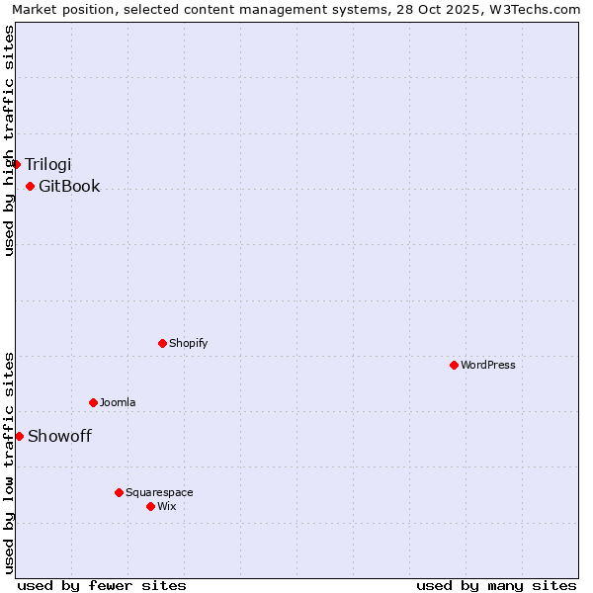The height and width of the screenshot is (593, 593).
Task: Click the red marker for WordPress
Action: click(x=454, y=365)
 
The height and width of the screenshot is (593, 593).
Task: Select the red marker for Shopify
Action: click(x=162, y=343)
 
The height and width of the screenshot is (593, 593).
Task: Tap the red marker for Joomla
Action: click(x=93, y=402)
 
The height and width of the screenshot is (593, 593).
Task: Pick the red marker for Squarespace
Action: click(x=119, y=492)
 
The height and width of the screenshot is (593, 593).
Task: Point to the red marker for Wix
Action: click(x=150, y=506)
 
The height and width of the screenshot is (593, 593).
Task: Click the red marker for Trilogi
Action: click(x=17, y=164)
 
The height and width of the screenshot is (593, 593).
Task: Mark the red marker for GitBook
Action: click(x=30, y=186)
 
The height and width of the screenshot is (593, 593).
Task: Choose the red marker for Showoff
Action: click(x=19, y=436)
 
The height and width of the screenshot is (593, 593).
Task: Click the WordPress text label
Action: click(x=488, y=365)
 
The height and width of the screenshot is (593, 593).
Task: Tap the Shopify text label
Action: click(x=188, y=343)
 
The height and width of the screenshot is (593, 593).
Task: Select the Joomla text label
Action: click(x=118, y=402)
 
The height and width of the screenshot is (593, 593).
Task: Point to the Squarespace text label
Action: click(x=159, y=492)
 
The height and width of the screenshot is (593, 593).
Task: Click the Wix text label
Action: click(x=166, y=506)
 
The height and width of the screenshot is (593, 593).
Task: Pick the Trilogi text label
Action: click(x=48, y=164)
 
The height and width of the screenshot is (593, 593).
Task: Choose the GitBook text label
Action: click(x=69, y=186)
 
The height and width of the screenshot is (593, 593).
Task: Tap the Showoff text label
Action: click(x=59, y=436)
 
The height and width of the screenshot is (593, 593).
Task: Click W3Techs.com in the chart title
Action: click(x=540, y=9)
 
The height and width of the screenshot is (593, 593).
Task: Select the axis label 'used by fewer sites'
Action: click(x=102, y=585)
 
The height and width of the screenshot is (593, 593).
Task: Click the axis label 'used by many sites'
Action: click(x=496, y=585)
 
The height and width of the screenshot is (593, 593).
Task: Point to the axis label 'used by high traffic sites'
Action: click(x=9, y=140)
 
